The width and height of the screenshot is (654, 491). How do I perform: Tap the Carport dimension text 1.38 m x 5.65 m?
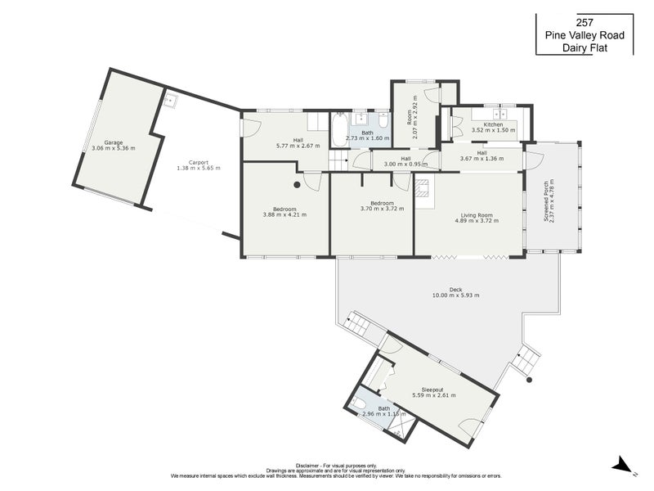[198, 168]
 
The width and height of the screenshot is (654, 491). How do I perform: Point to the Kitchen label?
[493, 124]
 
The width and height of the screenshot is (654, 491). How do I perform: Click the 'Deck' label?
[455, 288]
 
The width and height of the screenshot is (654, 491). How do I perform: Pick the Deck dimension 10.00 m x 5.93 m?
[455, 295]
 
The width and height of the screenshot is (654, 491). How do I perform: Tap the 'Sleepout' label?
[432, 390]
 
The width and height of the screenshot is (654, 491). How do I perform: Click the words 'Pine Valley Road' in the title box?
[585, 35]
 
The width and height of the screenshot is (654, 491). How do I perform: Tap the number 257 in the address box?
[585, 22]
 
